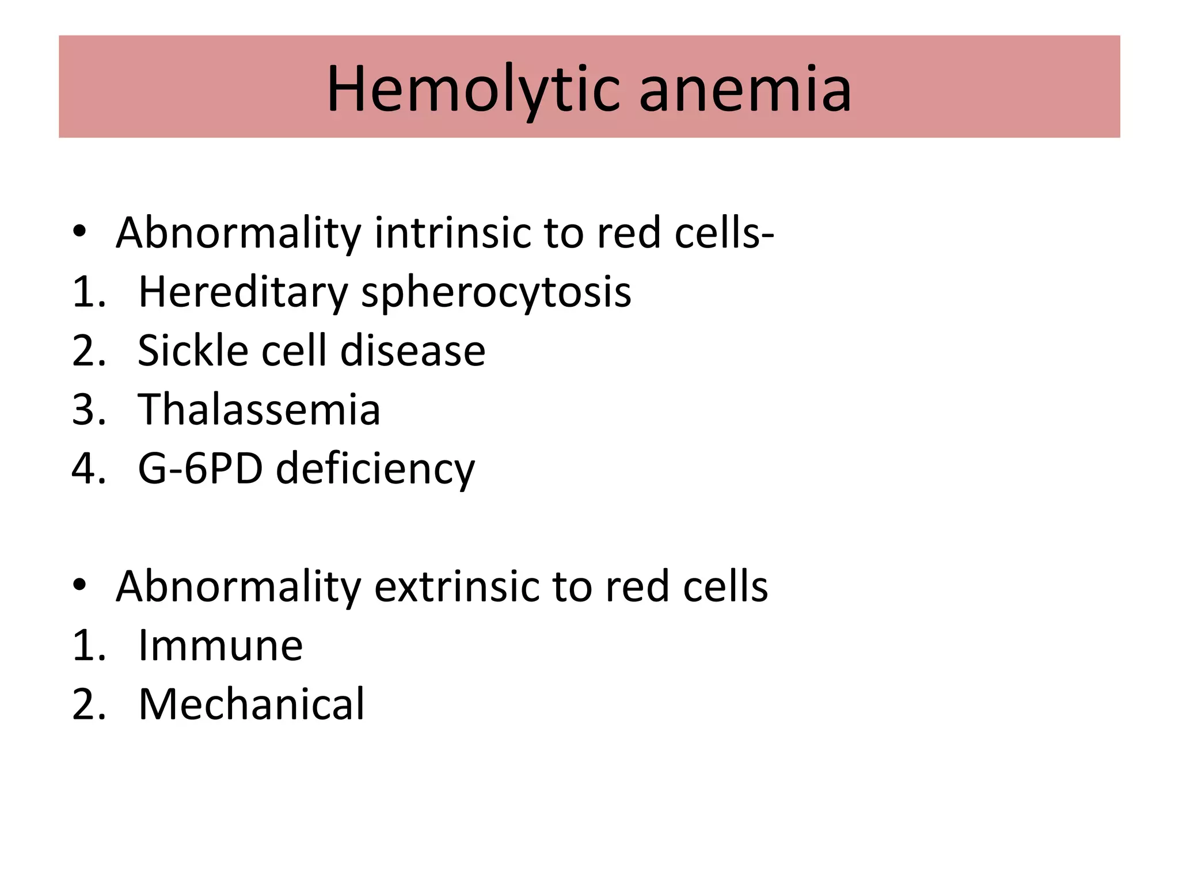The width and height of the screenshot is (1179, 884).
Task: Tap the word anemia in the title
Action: click(745, 90)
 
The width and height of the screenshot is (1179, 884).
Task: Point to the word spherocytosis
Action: click(496, 294)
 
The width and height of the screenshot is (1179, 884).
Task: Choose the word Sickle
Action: click(193, 350)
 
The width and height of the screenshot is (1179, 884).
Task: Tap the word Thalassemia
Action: click(259, 409)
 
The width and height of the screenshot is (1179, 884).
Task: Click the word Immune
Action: click(220, 645)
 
